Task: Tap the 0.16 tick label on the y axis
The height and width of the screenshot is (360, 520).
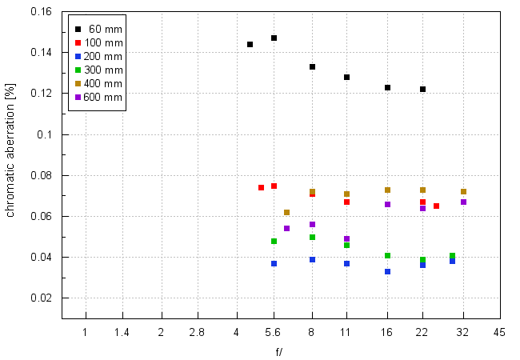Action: tap(40, 12)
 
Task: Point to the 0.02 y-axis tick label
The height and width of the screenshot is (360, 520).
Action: tap(40, 298)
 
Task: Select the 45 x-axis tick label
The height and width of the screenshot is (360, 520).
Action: tap(498, 332)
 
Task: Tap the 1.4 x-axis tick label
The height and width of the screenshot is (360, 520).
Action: tap(122, 332)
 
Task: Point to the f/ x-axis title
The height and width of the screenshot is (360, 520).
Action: tap(278, 351)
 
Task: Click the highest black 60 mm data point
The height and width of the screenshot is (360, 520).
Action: tap(274, 38)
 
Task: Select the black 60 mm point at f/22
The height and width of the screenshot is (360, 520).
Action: tap(422, 89)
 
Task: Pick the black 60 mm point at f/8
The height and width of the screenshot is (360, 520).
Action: tap(312, 66)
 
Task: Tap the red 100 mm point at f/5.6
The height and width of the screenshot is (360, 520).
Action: tap(274, 186)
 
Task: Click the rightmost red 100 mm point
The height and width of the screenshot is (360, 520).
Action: tap(436, 206)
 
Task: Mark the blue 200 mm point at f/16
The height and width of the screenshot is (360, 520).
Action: tap(387, 271)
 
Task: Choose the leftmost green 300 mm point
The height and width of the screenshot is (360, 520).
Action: tap(274, 241)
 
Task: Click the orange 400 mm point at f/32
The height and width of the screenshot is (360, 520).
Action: tap(463, 191)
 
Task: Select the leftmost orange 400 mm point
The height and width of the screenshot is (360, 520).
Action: tap(286, 212)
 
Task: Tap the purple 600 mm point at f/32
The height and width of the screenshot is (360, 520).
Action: tap(463, 202)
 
